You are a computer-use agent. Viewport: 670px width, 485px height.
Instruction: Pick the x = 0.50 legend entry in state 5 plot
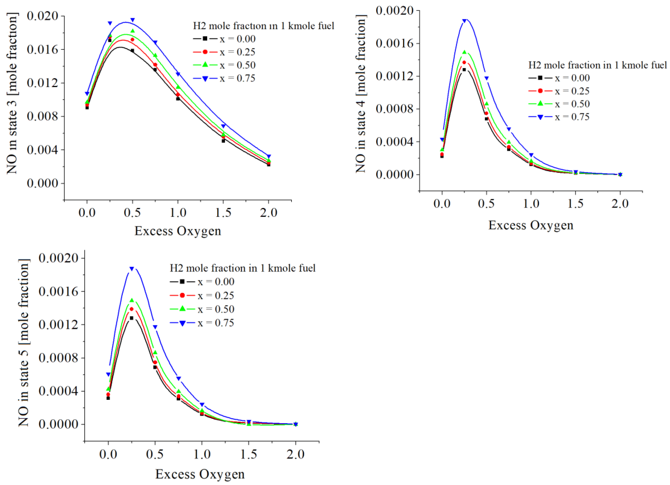click(x=202, y=309)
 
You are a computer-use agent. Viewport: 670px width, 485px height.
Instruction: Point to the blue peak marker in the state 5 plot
click(x=132, y=269)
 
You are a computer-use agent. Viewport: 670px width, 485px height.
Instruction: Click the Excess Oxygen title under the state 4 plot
click(x=531, y=225)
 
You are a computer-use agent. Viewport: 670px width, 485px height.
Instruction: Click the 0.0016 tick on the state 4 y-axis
click(x=394, y=43)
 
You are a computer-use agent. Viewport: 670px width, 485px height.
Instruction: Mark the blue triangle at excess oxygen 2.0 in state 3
click(x=268, y=156)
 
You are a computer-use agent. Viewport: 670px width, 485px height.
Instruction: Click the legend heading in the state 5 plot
click(x=243, y=268)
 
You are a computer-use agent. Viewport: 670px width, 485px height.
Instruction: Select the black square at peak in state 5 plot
click(x=132, y=318)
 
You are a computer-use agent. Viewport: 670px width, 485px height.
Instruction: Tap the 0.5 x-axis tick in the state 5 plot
click(x=155, y=454)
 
